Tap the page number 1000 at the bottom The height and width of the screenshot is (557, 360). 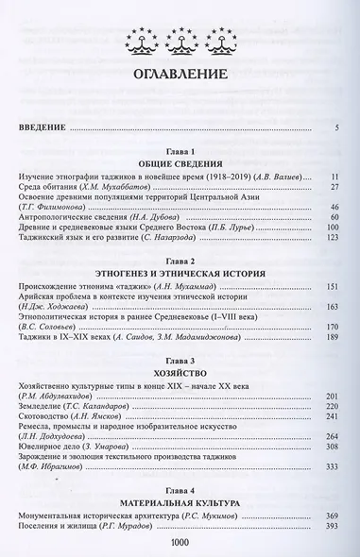click(x=180, y=545)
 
